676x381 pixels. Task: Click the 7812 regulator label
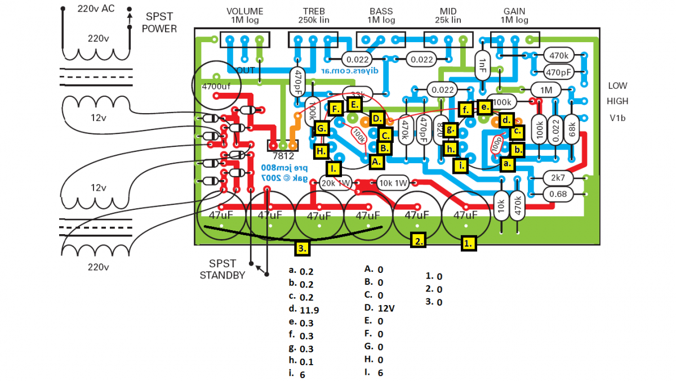click(283, 156)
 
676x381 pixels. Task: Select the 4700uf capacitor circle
click(217, 86)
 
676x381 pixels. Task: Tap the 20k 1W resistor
click(336, 183)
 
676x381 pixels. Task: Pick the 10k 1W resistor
click(393, 183)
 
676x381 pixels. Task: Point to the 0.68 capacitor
click(558, 194)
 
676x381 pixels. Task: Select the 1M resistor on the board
click(546, 90)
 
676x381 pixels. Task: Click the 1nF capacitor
click(482, 66)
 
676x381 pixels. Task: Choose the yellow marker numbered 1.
click(469, 243)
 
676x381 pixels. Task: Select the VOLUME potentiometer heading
click(244, 12)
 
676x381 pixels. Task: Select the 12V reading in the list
click(386, 308)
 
